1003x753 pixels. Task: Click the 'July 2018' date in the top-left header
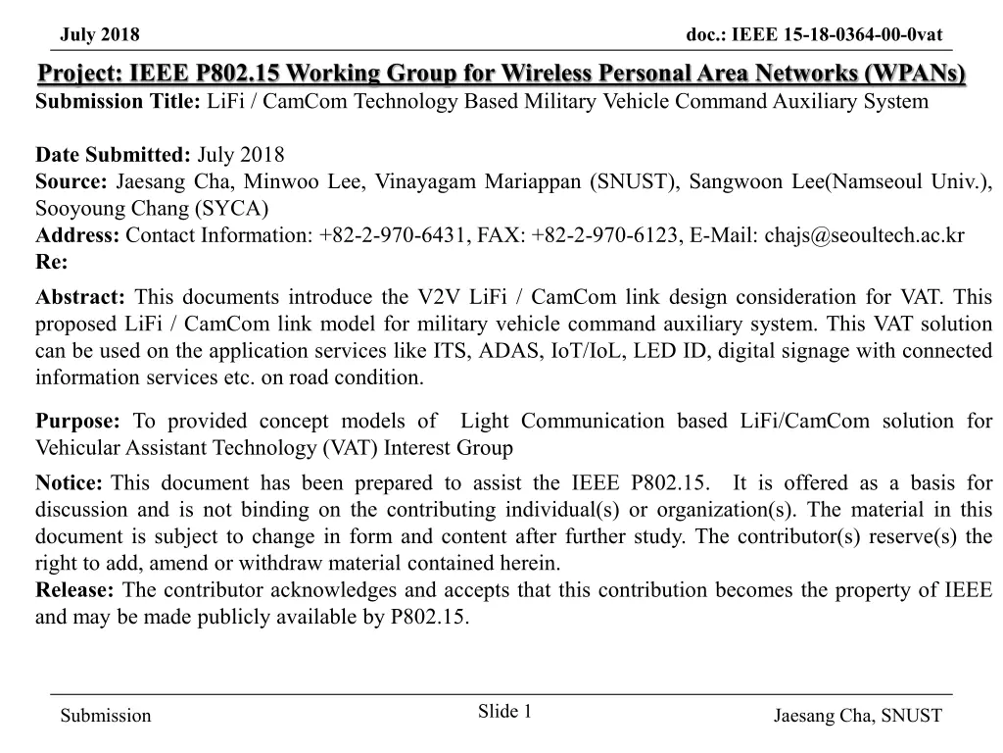(x=100, y=36)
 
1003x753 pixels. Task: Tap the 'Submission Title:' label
(x=119, y=102)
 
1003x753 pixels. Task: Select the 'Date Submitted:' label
(x=113, y=155)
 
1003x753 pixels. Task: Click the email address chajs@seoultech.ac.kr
(x=864, y=235)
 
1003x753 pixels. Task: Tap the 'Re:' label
(x=52, y=262)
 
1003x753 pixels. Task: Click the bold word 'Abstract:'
(x=80, y=298)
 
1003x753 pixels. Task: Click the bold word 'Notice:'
(x=70, y=483)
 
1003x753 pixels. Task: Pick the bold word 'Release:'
(x=75, y=589)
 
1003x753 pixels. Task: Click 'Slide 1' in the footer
(x=504, y=712)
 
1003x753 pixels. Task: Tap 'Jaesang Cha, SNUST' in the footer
(x=857, y=716)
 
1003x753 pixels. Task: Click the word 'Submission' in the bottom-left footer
(x=106, y=716)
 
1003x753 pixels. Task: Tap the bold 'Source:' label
(x=72, y=181)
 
